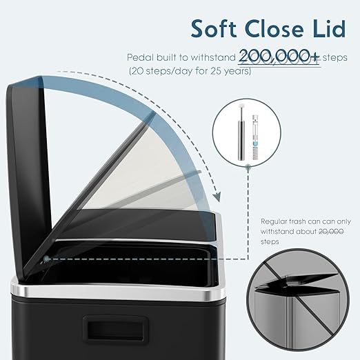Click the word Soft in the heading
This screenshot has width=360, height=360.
click(214, 29)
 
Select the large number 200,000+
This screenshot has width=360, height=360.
click(279, 57)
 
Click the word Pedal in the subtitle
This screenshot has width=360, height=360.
click(140, 57)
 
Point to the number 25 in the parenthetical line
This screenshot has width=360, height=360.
click(216, 71)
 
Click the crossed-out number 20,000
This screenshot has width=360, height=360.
click(331, 231)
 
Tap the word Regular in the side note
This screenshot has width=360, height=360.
click(273, 221)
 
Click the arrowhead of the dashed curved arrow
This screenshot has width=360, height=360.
click(217, 197)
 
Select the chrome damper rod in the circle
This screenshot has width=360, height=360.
click(241, 133)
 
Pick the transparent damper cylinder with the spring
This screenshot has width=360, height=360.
click(255, 137)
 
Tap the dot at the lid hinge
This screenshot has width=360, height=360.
click(46, 259)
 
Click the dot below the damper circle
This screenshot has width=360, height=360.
click(248, 168)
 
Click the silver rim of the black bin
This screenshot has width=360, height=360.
click(117, 292)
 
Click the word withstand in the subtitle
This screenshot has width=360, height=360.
click(213, 57)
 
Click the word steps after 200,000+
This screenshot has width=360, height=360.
click(334, 57)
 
